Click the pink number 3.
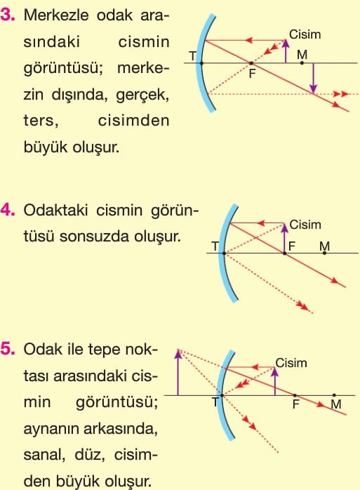(x=8, y=15)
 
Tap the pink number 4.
(x=8, y=210)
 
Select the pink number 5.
(x=8, y=349)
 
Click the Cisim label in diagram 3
(x=305, y=34)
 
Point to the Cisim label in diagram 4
(x=305, y=225)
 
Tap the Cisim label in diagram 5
(x=291, y=363)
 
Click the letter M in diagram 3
(x=302, y=55)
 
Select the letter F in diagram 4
(x=292, y=246)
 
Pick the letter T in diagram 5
(x=215, y=402)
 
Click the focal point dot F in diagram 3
(x=251, y=63)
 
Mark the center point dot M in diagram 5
(x=334, y=395)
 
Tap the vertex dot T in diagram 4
(x=224, y=253)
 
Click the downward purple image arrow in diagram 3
(x=313, y=78)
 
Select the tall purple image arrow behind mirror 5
(x=178, y=373)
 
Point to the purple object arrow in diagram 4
(x=284, y=239)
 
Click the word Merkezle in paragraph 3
(x=56, y=15)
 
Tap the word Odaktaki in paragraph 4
(x=55, y=211)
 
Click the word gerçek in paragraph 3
(x=142, y=95)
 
